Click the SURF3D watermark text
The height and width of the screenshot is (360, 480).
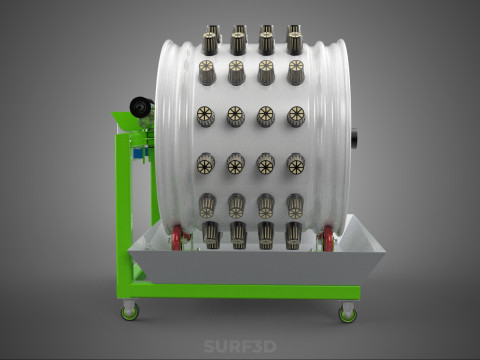[240, 346]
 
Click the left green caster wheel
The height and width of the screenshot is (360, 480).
[130, 313]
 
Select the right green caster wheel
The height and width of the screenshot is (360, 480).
[348, 315]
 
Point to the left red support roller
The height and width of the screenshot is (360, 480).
[177, 237]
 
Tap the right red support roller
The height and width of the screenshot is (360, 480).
[328, 238]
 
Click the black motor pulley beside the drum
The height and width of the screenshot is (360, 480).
[140, 107]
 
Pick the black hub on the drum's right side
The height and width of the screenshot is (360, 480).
[354, 138]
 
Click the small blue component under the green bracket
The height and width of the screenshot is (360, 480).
[139, 153]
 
